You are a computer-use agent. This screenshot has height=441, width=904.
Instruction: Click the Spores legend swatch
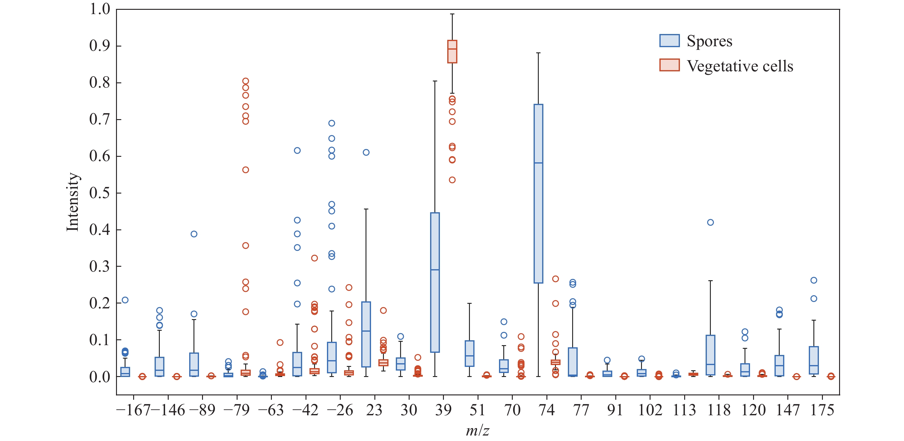(x=669, y=41)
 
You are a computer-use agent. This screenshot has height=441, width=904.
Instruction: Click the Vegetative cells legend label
(x=740, y=66)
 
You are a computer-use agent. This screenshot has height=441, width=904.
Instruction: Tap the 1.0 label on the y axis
(x=100, y=9)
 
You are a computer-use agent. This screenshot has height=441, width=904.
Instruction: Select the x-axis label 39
(x=443, y=410)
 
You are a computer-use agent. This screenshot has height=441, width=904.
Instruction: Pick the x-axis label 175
(x=822, y=410)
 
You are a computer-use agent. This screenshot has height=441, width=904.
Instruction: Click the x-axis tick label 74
(x=546, y=410)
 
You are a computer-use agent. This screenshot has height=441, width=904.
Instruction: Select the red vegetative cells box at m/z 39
(x=452, y=52)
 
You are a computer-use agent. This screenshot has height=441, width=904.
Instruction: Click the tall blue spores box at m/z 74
(x=538, y=194)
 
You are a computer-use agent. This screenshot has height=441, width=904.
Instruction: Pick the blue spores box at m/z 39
(x=435, y=282)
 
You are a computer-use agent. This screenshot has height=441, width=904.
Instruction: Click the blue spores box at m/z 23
(x=366, y=334)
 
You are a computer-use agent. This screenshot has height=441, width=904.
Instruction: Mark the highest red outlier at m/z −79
(x=246, y=81)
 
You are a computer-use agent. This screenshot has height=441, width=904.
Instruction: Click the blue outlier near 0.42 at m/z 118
(x=710, y=222)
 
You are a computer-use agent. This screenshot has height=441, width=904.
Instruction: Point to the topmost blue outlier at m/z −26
(x=332, y=123)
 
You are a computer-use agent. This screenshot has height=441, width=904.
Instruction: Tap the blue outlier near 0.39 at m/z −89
(x=194, y=234)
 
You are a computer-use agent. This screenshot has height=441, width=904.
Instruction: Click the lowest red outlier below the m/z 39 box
(x=452, y=180)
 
